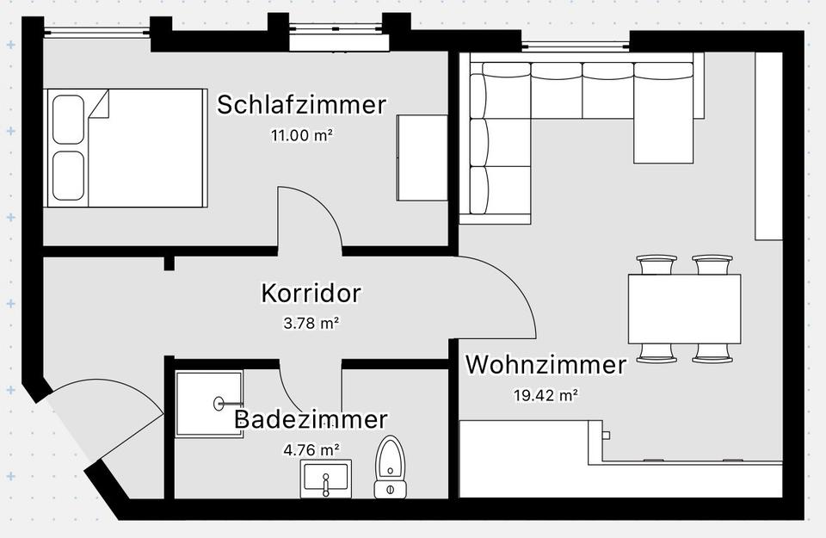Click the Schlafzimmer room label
[x=301, y=105]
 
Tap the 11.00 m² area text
[x=301, y=134]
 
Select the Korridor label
[x=311, y=294]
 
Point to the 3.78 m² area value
[x=311, y=324]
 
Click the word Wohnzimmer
[x=546, y=365]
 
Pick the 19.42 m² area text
[x=546, y=395]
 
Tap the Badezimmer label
[x=311, y=420]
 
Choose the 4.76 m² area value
[x=311, y=449]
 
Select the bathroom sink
[x=326, y=479]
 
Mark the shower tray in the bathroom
[x=209, y=403]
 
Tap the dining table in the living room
[x=684, y=307]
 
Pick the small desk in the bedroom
[x=422, y=158]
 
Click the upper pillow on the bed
[x=69, y=120]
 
